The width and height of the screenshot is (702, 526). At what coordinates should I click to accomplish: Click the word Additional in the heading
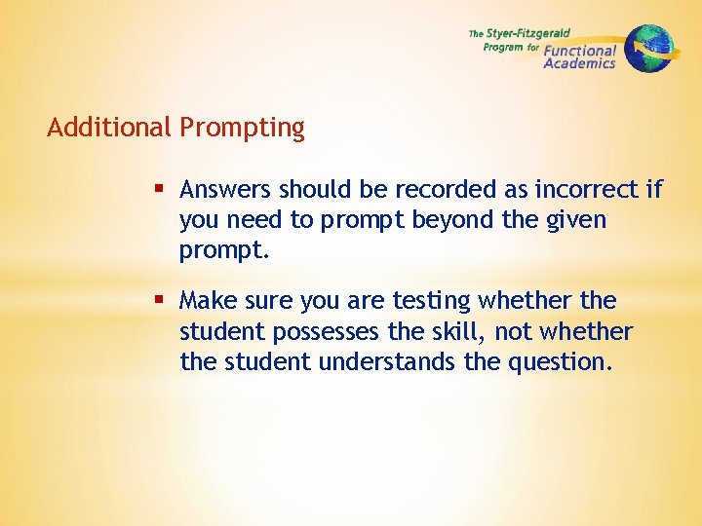[x=109, y=128]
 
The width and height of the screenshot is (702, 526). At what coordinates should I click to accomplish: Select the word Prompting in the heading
[x=242, y=129]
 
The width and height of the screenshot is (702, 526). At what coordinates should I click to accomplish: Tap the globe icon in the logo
[x=648, y=48]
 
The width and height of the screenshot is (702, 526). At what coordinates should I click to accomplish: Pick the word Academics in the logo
[x=579, y=64]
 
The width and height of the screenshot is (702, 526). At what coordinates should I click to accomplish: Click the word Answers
[x=226, y=189]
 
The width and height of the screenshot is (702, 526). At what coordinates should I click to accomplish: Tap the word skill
[x=461, y=332]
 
